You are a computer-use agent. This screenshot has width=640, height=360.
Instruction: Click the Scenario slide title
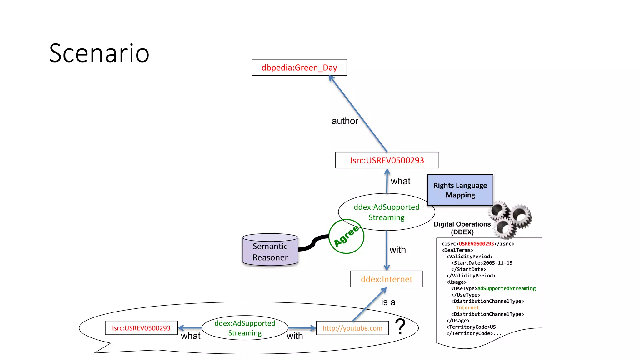[x=99, y=53]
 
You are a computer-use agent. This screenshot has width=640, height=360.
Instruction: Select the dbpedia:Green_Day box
[x=299, y=67]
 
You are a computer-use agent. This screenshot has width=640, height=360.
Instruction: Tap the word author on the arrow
[x=345, y=121]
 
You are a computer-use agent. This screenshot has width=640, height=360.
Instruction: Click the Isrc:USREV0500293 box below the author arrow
[x=387, y=160]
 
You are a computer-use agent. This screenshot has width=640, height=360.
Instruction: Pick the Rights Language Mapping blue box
[x=460, y=190]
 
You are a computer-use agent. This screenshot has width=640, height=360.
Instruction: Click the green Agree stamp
[x=346, y=236]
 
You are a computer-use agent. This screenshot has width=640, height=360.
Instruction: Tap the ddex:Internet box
[x=387, y=279]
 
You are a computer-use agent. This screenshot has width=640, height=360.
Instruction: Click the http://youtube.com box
[x=352, y=328]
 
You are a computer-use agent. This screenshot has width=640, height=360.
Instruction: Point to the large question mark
[x=400, y=326]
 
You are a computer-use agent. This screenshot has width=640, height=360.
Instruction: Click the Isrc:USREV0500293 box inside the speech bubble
[x=141, y=328]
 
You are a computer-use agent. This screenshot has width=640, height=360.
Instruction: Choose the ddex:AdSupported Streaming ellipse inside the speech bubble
[x=245, y=328]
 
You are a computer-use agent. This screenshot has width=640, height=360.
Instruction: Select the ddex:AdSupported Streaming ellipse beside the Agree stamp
[x=387, y=212]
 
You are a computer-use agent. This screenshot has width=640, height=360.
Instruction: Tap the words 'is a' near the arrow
[x=388, y=302]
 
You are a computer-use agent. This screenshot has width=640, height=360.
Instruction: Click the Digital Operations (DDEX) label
[x=462, y=228]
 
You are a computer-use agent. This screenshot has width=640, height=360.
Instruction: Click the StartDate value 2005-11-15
[x=498, y=263]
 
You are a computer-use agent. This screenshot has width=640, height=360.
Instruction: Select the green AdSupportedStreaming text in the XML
[x=506, y=288]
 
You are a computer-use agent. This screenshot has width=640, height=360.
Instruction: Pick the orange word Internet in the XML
[x=467, y=308]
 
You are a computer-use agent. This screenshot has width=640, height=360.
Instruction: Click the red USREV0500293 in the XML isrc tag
[x=476, y=244]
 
